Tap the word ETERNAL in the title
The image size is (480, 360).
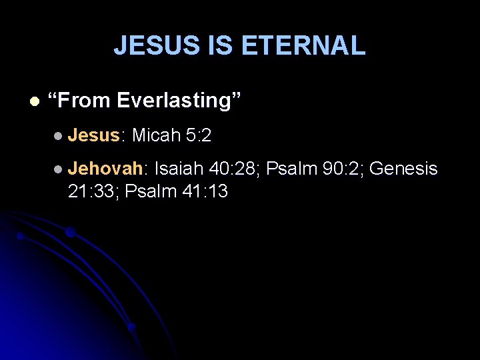[303, 45]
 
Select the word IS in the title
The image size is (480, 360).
[217, 45]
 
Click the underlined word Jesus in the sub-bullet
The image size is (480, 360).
[93, 136]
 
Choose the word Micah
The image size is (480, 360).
[157, 136]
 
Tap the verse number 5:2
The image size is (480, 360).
[199, 136]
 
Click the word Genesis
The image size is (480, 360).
[403, 169]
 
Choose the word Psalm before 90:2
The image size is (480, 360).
[291, 169]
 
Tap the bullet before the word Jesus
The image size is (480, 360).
[60, 137]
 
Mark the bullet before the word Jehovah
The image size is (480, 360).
[60, 170]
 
